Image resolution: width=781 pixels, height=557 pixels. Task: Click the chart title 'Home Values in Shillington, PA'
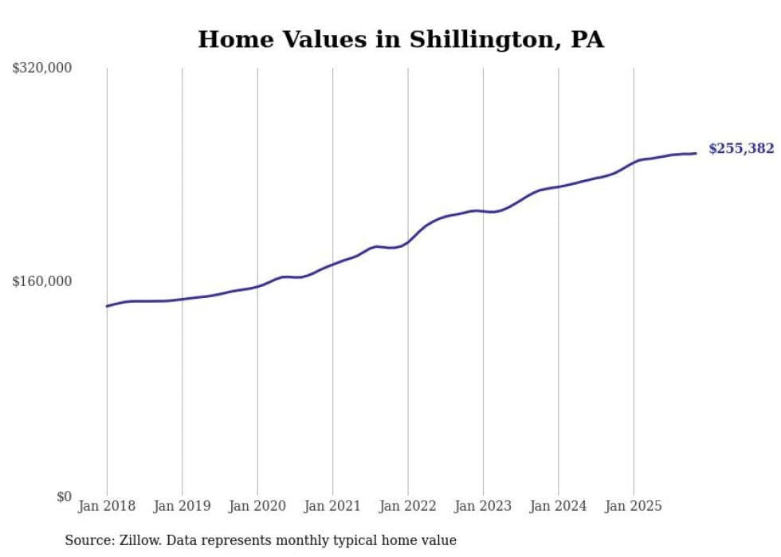point(401,40)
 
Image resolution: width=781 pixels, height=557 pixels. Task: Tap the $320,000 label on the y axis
point(42,69)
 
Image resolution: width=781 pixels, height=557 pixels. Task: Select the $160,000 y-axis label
point(42,281)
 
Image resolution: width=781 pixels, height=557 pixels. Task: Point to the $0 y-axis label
point(64,496)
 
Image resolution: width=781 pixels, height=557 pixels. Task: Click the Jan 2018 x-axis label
point(107,506)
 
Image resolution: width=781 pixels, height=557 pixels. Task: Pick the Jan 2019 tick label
point(182,506)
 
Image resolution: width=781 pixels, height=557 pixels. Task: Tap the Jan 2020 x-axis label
point(257,506)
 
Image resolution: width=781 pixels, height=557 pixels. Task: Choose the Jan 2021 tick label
point(332,506)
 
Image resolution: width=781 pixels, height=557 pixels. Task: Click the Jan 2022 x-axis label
point(408,506)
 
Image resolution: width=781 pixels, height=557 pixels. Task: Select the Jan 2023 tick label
point(483,506)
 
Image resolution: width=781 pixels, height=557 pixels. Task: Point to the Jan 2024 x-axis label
point(558,506)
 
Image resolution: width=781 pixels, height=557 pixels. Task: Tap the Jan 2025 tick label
point(634,506)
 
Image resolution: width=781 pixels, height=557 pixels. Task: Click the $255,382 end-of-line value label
point(741,149)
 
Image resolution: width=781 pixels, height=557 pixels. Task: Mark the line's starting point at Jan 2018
point(107,306)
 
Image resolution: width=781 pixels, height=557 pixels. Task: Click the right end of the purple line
point(696,153)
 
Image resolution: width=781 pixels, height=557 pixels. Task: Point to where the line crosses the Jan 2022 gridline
point(408,241)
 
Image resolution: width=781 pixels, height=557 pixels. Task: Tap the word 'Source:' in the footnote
point(89,541)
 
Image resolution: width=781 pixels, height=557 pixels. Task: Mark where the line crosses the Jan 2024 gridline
point(558,186)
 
